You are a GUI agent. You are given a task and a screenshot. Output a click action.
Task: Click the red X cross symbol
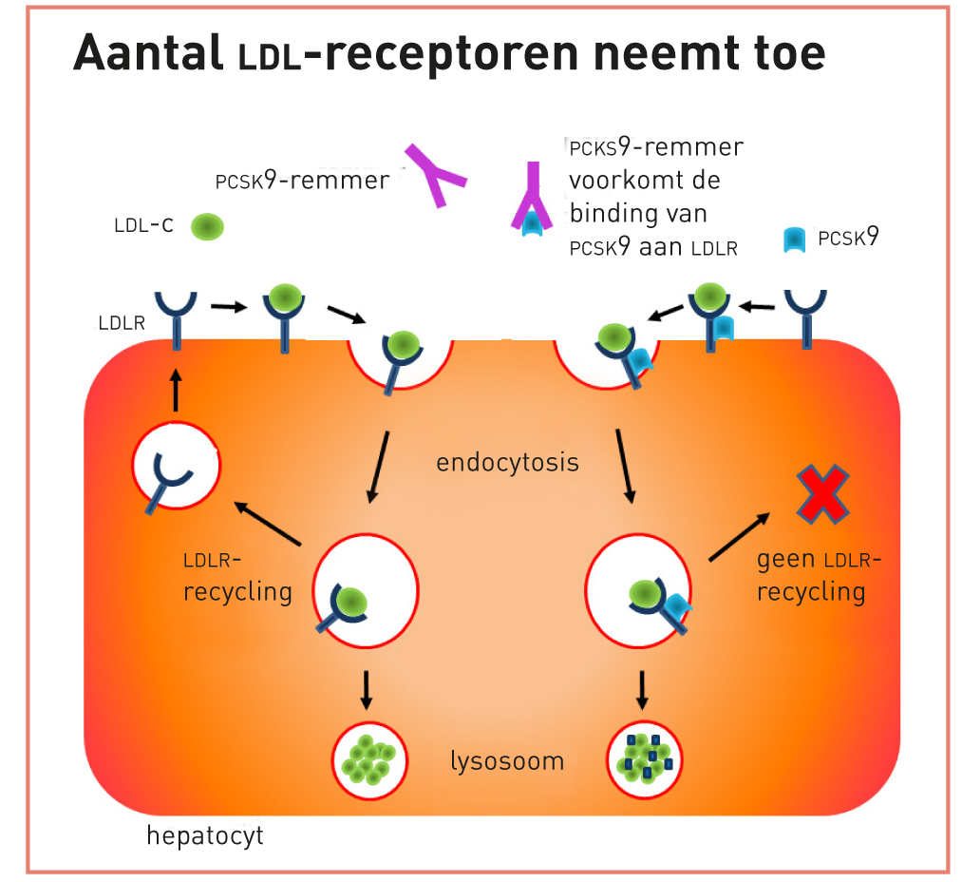click(823, 494)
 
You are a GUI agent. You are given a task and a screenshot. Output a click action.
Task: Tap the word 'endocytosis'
click(507, 463)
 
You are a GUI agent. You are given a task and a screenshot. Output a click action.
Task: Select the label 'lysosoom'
click(507, 760)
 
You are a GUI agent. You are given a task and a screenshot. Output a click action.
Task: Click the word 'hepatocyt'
click(205, 835)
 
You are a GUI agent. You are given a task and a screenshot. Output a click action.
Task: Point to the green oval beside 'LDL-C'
click(208, 226)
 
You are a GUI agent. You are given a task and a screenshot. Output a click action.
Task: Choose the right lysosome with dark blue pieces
click(645, 757)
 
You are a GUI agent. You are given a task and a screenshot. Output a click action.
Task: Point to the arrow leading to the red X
click(738, 535)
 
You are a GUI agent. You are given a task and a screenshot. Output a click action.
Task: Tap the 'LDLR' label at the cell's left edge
click(122, 323)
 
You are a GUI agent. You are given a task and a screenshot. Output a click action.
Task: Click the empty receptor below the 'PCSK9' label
click(805, 316)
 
